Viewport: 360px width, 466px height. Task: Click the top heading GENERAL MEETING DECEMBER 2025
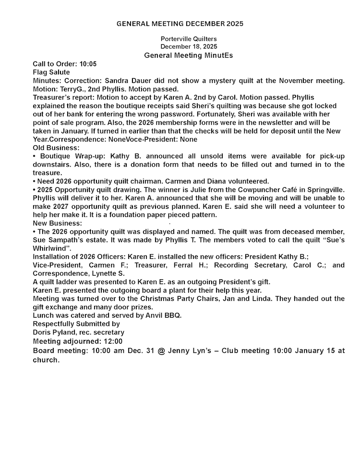coord(180,24)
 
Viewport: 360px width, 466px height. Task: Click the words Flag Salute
coord(51,72)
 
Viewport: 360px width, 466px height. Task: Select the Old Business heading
coord(56,147)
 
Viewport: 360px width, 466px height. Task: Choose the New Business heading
coord(58,223)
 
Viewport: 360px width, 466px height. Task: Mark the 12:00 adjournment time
coord(113,341)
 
